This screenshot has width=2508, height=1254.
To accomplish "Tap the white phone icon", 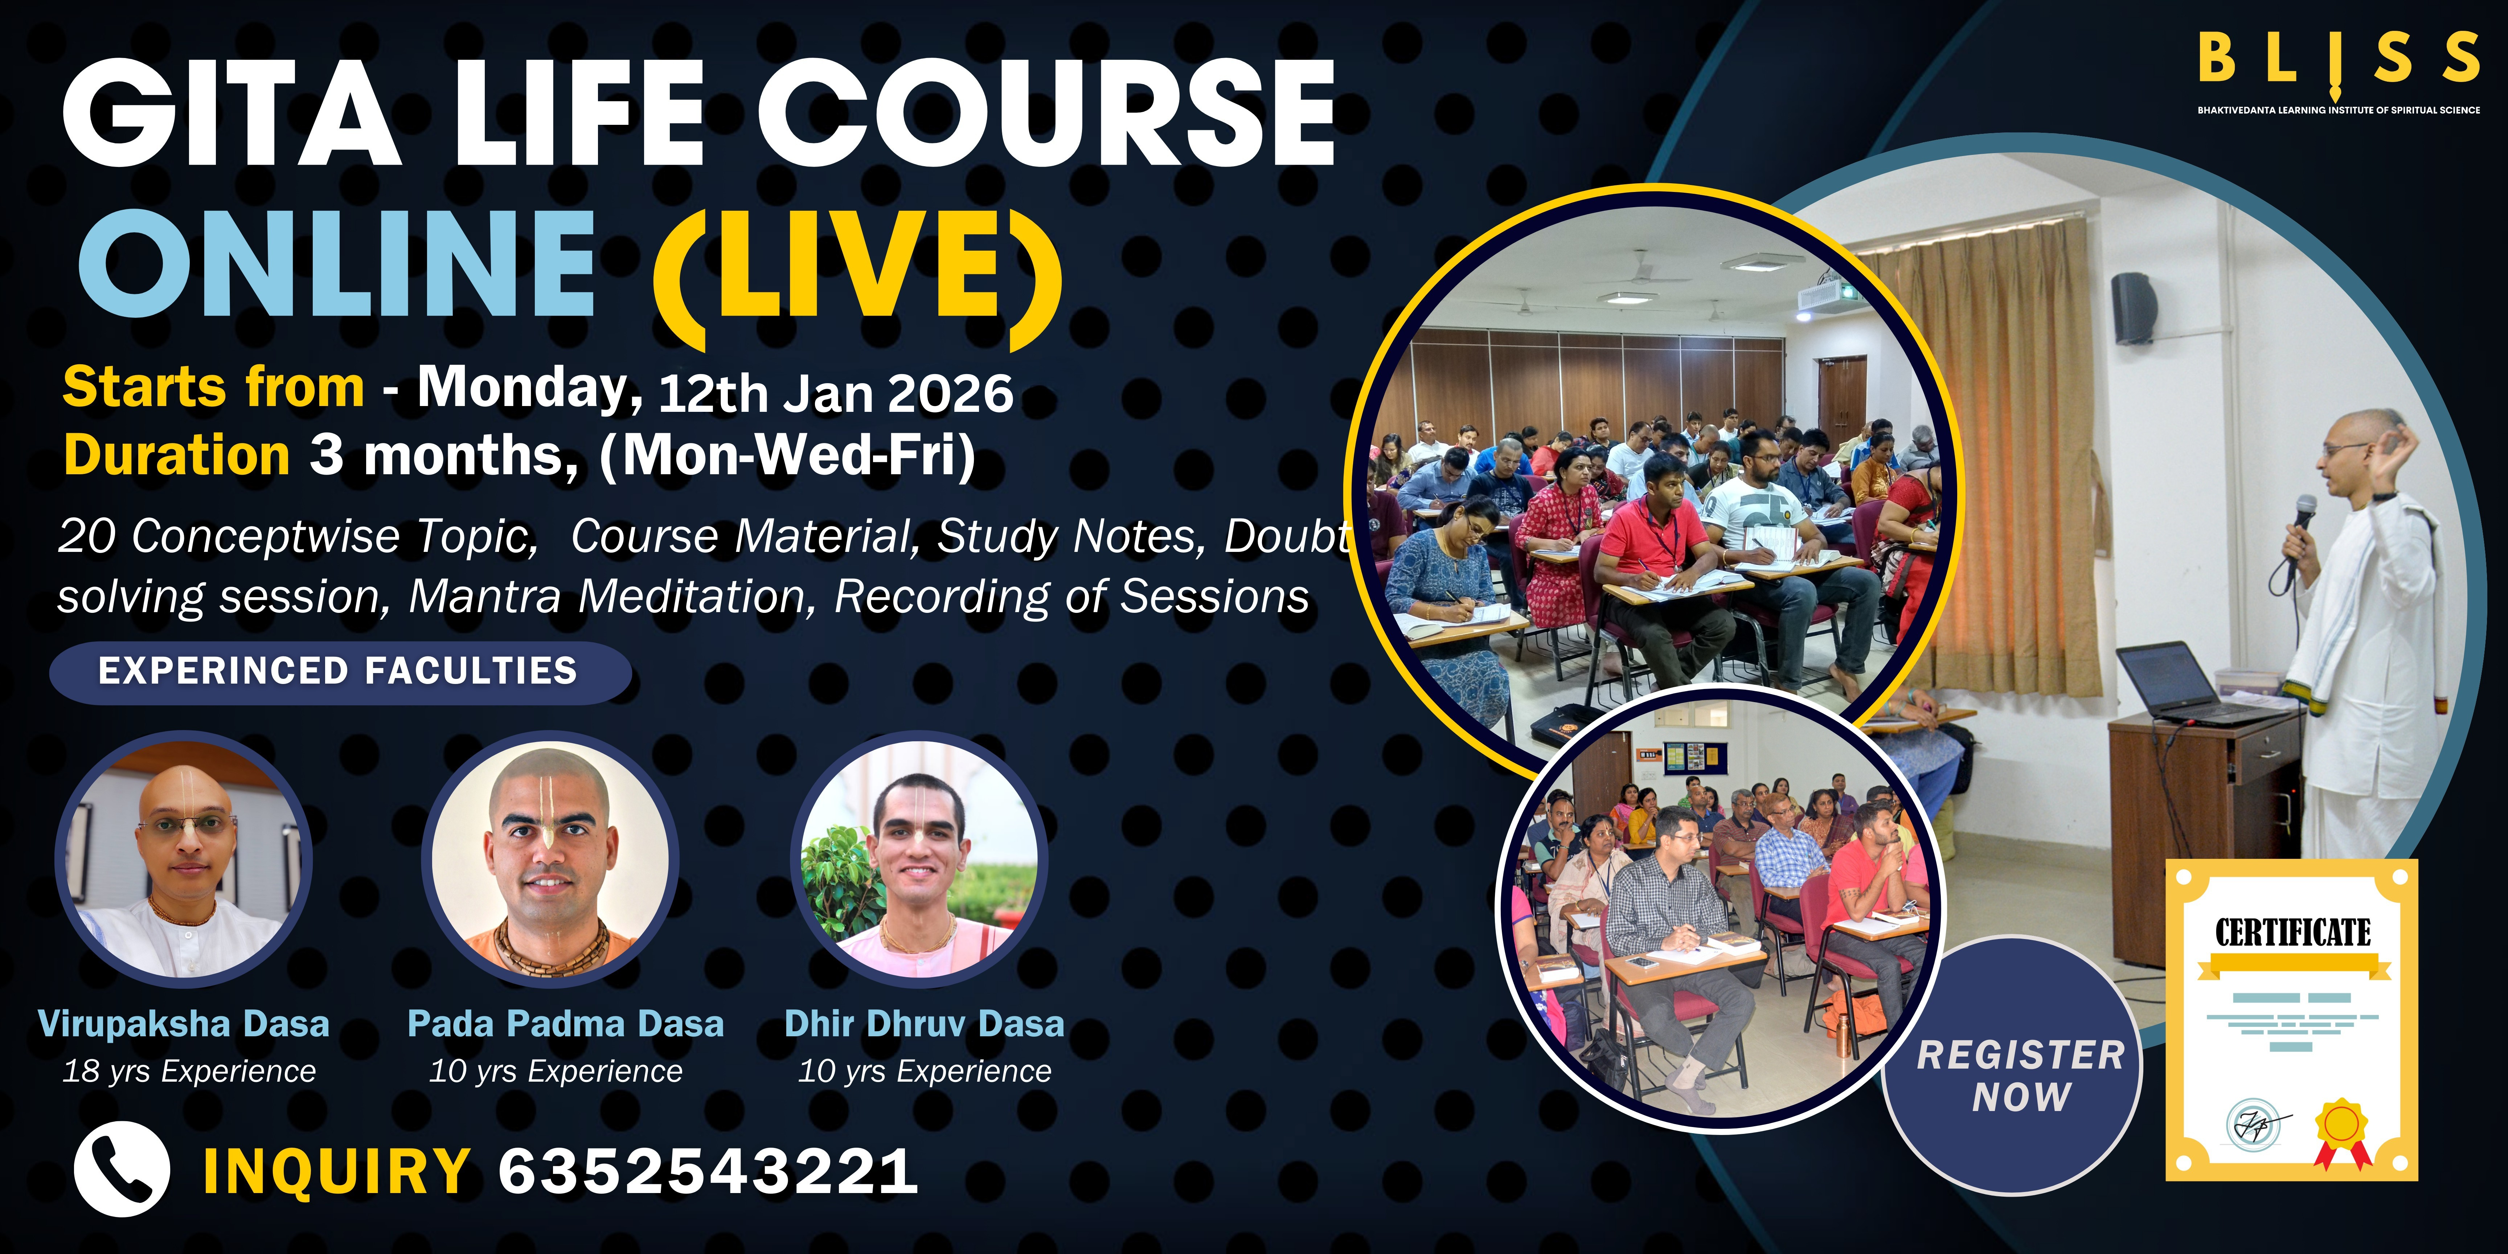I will coord(122,1169).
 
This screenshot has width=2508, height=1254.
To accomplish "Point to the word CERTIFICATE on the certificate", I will coord(2293,933).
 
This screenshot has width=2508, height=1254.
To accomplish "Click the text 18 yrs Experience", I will coord(189,1071).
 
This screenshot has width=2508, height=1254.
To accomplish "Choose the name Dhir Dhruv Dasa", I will coord(924,1024).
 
